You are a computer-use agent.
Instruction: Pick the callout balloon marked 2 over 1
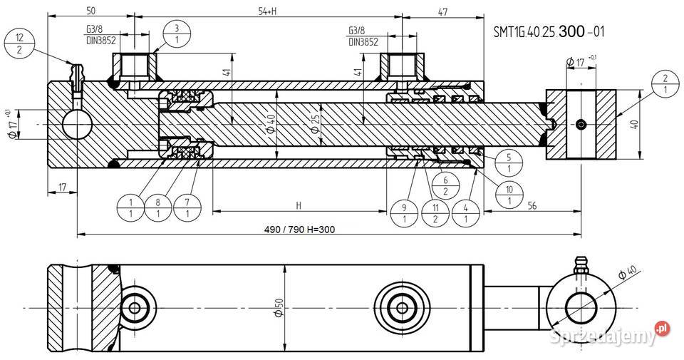(664, 84)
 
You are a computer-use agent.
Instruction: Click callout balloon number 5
(508, 162)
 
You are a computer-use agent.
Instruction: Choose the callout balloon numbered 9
(404, 213)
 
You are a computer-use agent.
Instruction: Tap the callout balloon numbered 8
(157, 207)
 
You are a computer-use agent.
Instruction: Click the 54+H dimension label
(267, 11)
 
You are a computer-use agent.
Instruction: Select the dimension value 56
(532, 205)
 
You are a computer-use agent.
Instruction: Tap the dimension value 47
(442, 11)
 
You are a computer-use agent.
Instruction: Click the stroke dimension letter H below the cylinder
(299, 206)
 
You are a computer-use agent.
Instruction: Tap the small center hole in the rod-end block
(582, 126)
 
